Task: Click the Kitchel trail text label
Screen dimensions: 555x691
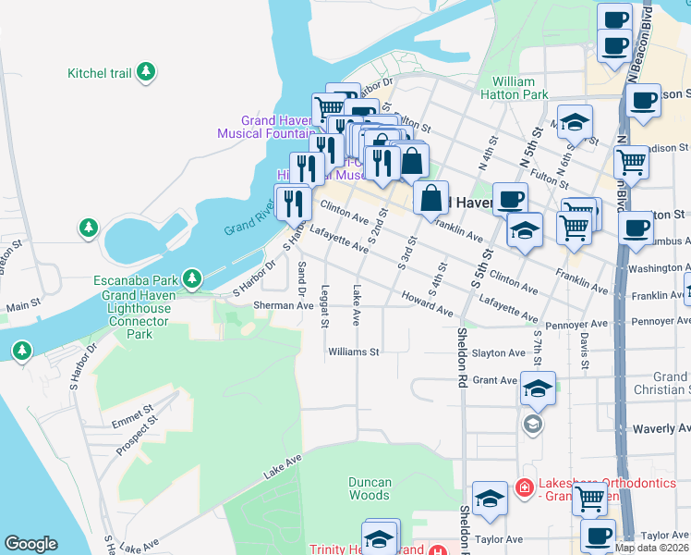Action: (99, 72)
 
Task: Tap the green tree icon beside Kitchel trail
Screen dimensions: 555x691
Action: (145, 71)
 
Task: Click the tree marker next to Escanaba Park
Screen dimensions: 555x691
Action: (192, 277)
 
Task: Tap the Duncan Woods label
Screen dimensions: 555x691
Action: (370, 488)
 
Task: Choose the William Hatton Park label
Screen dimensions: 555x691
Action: (515, 88)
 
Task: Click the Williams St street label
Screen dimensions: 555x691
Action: (354, 351)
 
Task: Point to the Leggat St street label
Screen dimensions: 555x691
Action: (324, 306)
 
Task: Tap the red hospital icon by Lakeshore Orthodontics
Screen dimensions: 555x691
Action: (525, 487)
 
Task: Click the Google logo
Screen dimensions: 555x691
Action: (30, 544)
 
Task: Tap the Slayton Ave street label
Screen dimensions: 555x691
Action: (499, 353)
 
